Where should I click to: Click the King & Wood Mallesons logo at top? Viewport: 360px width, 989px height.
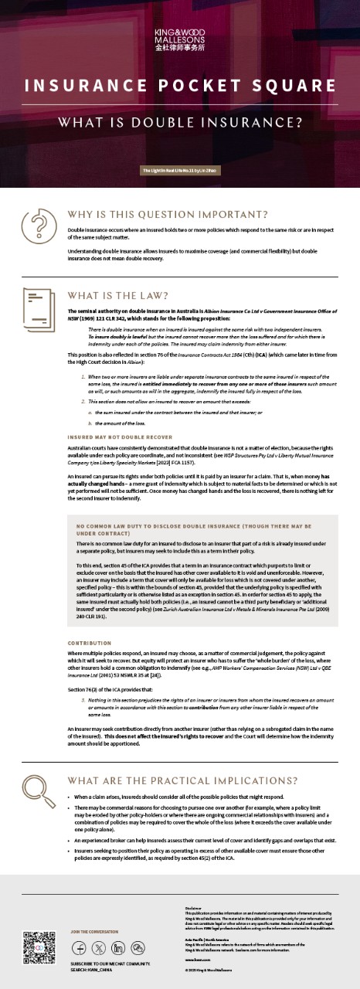click(x=180, y=36)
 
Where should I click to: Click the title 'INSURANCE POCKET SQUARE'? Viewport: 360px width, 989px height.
click(x=180, y=85)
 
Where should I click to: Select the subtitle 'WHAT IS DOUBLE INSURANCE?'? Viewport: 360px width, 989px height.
click(x=180, y=122)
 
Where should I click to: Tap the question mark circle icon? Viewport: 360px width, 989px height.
click(x=36, y=226)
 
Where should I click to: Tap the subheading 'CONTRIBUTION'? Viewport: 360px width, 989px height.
click(x=90, y=643)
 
